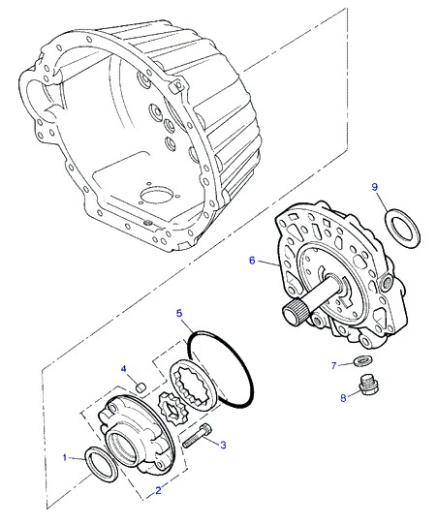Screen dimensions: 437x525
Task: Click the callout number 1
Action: [x=65, y=457]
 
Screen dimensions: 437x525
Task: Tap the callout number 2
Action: [x=158, y=490]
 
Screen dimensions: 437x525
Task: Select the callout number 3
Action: [x=223, y=445]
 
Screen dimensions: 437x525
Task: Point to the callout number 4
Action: [x=124, y=369]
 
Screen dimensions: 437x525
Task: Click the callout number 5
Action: [x=179, y=314]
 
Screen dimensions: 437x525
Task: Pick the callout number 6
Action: [x=252, y=260]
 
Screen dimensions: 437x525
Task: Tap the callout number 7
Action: [x=333, y=365]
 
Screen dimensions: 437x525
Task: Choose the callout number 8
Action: [x=343, y=398]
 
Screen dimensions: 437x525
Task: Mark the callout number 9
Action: [x=375, y=187]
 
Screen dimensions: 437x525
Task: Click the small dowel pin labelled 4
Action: [x=141, y=387]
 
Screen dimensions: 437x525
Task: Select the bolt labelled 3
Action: [x=198, y=435]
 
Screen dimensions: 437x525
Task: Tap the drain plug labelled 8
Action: [x=369, y=387]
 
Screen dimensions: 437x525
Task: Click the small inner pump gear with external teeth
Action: [x=170, y=409]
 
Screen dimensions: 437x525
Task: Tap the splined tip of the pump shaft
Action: [x=294, y=311]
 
